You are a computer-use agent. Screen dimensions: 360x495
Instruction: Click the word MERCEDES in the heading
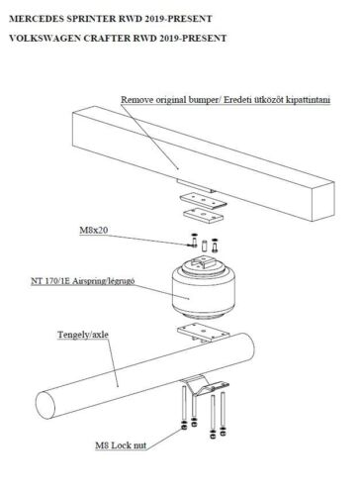coord(37,19)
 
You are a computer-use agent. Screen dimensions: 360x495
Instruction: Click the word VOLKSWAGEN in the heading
coord(45,39)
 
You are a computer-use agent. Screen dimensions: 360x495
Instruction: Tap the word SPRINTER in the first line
coord(91,19)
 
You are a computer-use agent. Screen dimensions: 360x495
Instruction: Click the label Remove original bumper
coord(169,100)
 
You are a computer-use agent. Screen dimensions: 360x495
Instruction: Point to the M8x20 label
coord(94,230)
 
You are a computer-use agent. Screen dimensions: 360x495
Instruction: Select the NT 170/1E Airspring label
coord(83,281)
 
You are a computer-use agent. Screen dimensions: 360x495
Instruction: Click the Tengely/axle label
coord(83,335)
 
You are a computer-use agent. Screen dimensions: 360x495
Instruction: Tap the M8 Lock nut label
coord(121,445)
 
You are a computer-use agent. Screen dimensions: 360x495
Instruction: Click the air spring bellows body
coord(204,292)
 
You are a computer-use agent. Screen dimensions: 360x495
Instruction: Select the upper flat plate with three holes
coord(204,201)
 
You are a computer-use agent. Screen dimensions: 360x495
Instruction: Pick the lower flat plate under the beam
coord(204,215)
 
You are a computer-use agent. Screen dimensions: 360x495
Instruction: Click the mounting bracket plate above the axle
coord(204,333)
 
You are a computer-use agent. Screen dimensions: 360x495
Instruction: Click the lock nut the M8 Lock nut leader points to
coord(184,428)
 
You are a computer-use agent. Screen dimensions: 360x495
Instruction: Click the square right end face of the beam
coord(323,201)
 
